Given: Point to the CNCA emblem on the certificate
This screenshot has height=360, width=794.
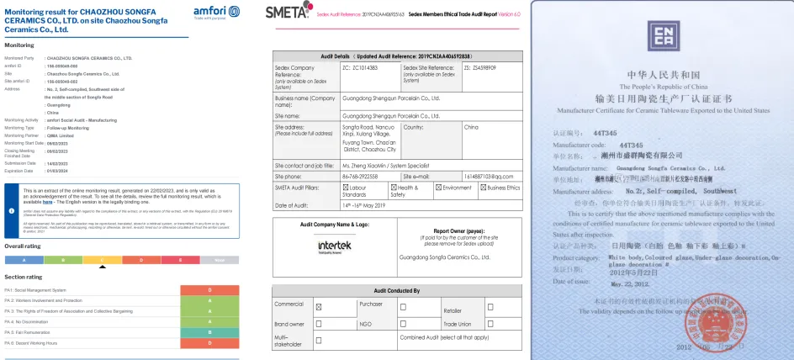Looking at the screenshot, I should pyautogui.click(x=664, y=35).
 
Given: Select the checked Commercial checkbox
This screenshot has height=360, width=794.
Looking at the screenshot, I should pyautogui.click(x=319, y=308).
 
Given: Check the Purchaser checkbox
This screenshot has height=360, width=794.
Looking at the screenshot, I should pyautogui.click(x=403, y=308).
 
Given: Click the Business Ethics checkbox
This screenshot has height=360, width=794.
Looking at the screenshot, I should pyautogui.click(x=482, y=188).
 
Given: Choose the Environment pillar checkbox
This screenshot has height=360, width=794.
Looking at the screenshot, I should pyautogui.click(x=437, y=188).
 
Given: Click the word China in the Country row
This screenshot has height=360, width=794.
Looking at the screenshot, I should pyautogui.click(x=471, y=127).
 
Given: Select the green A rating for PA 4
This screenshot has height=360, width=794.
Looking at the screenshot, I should pyautogui.click(x=209, y=321).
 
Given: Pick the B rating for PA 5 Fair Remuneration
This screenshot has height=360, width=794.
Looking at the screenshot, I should pyautogui.click(x=209, y=332).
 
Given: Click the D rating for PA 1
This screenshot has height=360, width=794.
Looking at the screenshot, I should pyautogui.click(x=209, y=289).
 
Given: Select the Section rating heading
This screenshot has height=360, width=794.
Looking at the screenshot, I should pyautogui.click(x=24, y=277).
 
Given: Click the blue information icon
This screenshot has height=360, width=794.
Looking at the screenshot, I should pyautogui.click(x=12, y=210).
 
